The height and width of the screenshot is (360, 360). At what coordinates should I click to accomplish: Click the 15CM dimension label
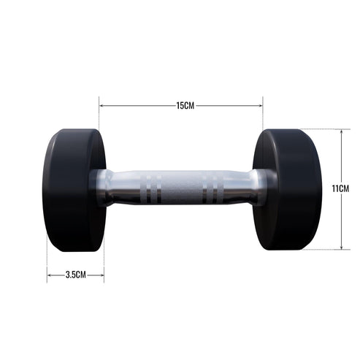click(x=185, y=106)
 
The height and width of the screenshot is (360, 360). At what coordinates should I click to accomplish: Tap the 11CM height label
click(x=340, y=188)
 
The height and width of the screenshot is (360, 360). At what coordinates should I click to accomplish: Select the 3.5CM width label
click(x=76, y=275)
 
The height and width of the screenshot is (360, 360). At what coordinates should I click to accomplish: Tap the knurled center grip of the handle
click(x=180, y=188)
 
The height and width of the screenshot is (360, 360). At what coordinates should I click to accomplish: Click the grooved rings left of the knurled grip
click(x=150, y=188)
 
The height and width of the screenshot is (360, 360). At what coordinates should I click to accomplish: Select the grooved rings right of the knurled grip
click(x=210, y=188)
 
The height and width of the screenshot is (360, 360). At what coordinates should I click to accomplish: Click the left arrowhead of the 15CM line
click(x=102, y=106)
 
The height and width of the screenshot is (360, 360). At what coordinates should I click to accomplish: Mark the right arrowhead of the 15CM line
click(x=261, y=106)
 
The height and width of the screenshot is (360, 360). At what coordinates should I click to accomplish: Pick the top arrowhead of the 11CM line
click(x=340, y=131)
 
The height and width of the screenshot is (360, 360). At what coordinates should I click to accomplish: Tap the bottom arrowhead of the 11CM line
click(x=340, y=248)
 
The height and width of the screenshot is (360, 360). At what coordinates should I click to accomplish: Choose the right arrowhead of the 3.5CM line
click(x=102, y=275)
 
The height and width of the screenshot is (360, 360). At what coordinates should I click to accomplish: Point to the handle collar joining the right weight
click(x=260, y=188)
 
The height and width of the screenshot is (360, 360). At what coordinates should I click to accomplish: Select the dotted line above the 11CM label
click(x=321, y=129)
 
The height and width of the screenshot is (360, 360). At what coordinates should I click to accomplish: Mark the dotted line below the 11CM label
click(x=321, y=250)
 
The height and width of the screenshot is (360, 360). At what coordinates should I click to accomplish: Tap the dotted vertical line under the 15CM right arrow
click(x=263, y=120)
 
